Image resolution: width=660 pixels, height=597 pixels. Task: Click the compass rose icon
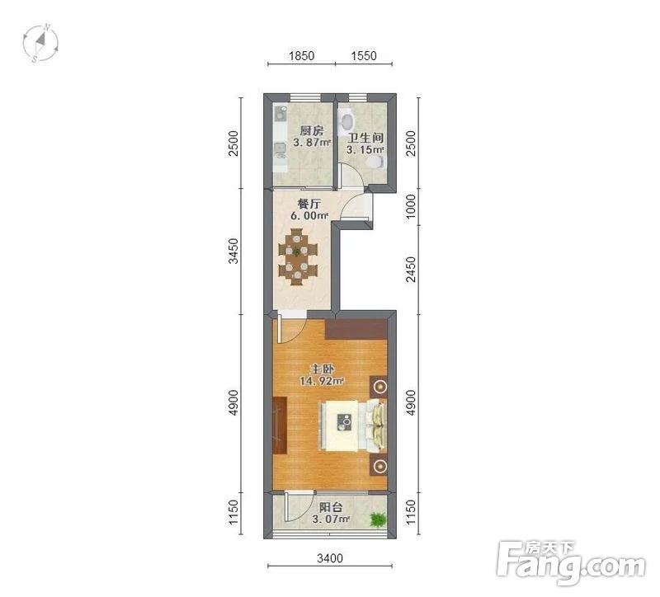(x=40, y=43)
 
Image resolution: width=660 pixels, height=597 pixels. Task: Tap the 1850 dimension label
(x=301, y=56)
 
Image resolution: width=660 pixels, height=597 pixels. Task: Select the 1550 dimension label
(x=364, y=56)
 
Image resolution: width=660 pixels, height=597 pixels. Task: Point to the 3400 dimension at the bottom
(x=330, y=558)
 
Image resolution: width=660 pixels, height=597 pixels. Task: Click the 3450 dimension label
(x=233, y=251)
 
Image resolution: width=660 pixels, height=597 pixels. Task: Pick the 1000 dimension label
(x=410, y=206)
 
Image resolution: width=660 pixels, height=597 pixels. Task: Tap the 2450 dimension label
(x=410, y=270)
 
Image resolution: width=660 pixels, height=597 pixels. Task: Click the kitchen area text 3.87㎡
(x=312, y=143)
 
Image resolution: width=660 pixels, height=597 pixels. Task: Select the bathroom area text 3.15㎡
(x=365, y=149)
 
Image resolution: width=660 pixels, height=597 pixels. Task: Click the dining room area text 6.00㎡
(x=309, y=215)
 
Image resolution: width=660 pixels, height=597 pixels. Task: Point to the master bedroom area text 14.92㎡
(x=322, y=381)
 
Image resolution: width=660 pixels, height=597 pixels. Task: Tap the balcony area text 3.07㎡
(x=331, y=519)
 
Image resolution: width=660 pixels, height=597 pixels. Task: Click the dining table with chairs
(x=298, y=256)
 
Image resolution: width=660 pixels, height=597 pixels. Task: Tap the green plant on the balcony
(x=378, y=519)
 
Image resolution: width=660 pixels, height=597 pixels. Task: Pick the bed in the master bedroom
(x=354, y=426)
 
